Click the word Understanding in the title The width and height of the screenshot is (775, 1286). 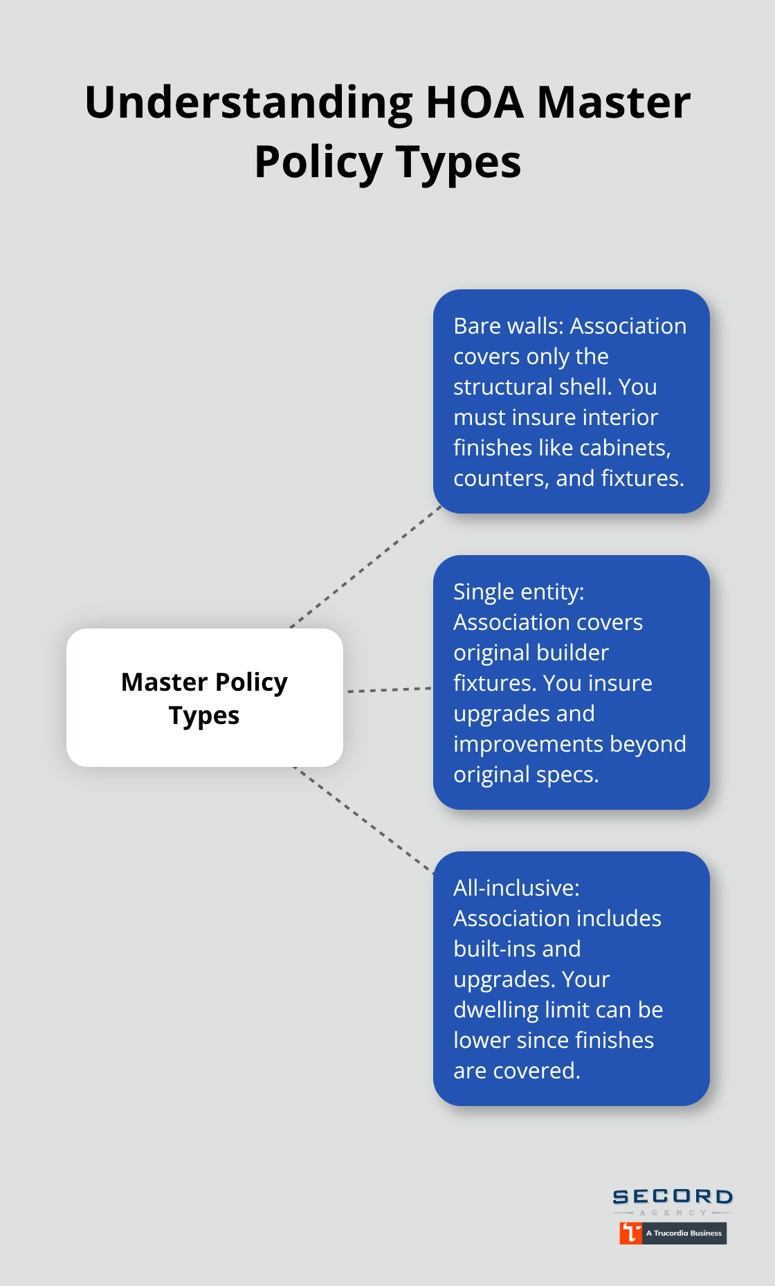click(248, 102)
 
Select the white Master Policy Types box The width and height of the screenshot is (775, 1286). click(205, 697)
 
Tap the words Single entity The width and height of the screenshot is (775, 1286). click(518, 592)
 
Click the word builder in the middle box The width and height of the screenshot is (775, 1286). click(574, 653)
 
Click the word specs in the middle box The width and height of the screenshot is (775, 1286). click(567, 775)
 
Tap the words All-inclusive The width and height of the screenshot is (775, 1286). click(516, 888)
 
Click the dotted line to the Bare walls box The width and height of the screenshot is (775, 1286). click(365, 568)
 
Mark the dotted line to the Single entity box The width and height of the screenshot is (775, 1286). click(389, 690)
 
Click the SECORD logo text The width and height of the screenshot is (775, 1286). click(673, 1197)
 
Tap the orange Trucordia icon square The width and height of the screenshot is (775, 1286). click(630, 1233)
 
